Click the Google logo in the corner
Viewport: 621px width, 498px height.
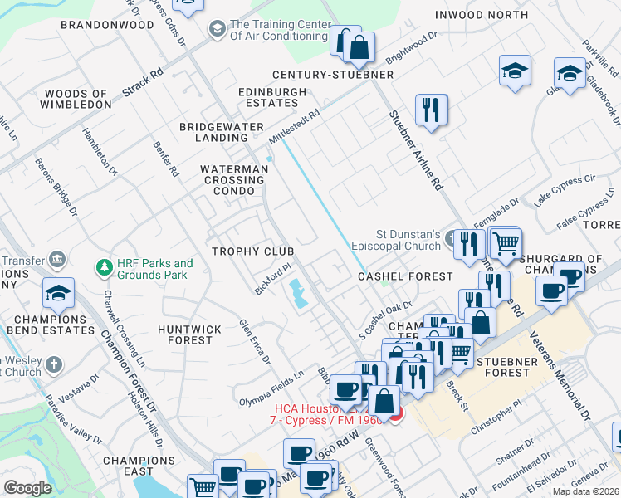[27, 488]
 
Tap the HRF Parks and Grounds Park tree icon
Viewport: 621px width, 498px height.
[104, 268]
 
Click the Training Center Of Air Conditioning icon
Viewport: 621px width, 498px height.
[217, 30]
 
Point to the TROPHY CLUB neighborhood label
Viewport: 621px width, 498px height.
[253, 251]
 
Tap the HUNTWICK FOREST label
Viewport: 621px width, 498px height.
[190, 334]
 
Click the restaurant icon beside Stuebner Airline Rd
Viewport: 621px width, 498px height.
[431, 110]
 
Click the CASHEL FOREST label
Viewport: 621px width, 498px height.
[405, 276]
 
